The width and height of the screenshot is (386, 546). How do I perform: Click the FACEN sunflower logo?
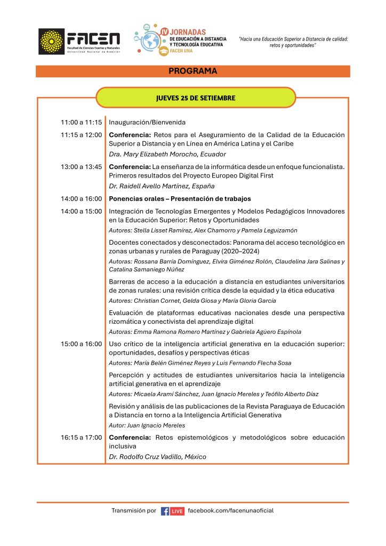pos(51,41)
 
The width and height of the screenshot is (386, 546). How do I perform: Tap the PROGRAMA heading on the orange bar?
pos(192,71)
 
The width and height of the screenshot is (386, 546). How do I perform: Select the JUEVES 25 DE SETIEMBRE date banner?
pos(195,98)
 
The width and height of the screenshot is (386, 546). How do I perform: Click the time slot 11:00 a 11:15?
pos(81,122)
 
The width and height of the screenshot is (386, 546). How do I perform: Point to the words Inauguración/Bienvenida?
pos(147,122)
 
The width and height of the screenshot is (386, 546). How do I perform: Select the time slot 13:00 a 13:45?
pos(81,166)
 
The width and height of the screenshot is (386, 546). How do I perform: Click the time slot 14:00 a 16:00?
pos(81,199)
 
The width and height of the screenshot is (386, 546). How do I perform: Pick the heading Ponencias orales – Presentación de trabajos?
pos(180,199)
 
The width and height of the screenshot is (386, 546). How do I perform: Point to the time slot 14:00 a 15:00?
pos(81,211)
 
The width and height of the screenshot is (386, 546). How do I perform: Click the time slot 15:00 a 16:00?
pos(81,343)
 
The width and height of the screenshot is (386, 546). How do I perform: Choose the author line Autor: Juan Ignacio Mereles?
pos(147,425)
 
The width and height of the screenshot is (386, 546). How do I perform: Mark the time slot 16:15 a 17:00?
pos(81,437)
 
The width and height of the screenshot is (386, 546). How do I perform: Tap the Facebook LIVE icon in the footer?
pos(172,511)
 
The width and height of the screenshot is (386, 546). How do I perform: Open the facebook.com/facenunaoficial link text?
pos(231,511)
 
